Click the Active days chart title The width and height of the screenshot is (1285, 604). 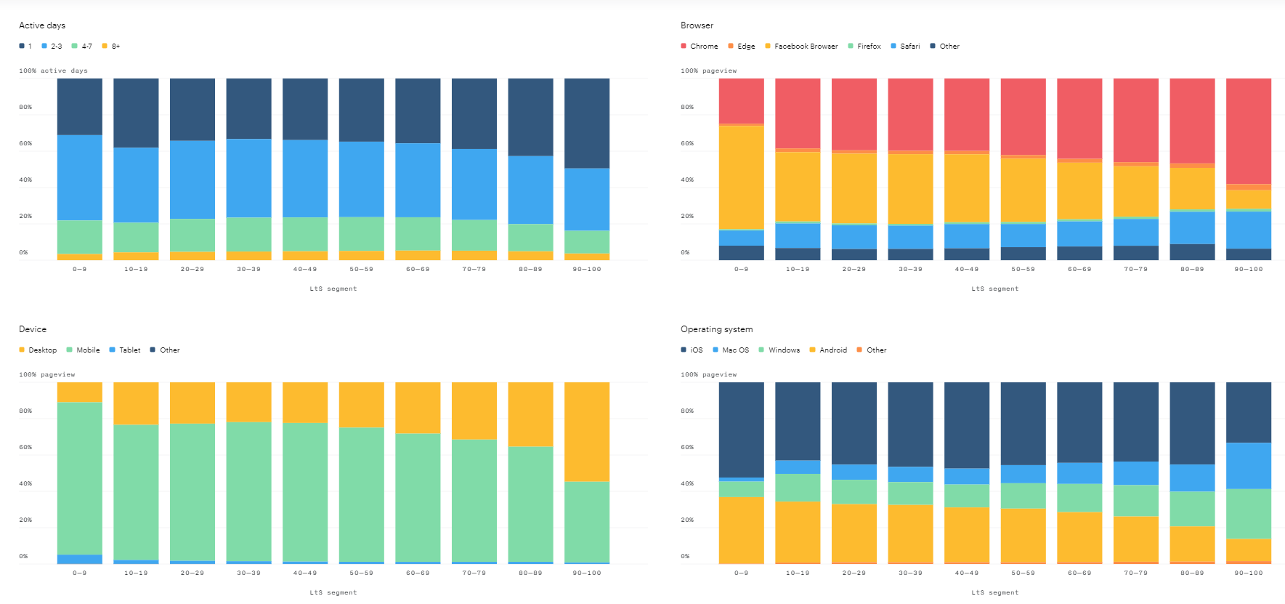pos(42,25)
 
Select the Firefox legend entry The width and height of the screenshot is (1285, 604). pos(864,47)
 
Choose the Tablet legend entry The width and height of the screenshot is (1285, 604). pos(125,350)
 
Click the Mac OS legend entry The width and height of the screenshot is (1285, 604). pos(731,350)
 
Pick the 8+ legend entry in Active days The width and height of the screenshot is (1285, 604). pos(111,47)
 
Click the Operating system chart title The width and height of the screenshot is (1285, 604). pos(717,329)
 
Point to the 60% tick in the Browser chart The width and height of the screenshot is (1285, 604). pos(687,144)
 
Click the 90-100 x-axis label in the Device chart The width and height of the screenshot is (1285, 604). pos(587,573)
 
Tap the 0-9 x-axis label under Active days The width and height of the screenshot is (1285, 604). pos(80,270)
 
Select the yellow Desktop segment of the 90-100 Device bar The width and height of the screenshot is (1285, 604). pos(587,432)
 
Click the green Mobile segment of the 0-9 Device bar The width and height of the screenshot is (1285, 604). pos(80,479)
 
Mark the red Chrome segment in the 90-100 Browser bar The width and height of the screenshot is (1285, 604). pos(1249,132)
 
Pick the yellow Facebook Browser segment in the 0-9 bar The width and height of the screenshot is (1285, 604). pos(742,178)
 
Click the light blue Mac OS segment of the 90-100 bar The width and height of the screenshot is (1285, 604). pos(1249,466)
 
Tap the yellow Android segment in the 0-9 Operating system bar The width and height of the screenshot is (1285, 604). pos(742,530)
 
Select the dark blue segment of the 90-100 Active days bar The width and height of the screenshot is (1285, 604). pos(587,124)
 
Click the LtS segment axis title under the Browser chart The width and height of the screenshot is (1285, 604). pos(995,289)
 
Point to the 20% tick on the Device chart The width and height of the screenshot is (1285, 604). pos(25,520)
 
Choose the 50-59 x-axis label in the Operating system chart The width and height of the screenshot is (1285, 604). pos(1023,573)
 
